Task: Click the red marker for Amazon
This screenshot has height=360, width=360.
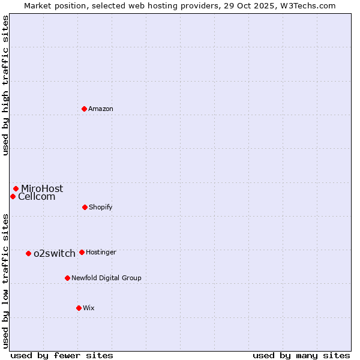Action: coord(85,109)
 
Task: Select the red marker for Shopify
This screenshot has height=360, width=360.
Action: coord(85,207)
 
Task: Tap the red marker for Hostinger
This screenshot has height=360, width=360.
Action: coord(82,252)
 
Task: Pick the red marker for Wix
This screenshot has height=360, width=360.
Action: coord(79,308)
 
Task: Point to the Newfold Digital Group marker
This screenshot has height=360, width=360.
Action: coord(67,278)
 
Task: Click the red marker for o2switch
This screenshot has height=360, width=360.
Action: coord(28,253)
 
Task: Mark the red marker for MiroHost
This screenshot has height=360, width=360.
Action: coord(16,188)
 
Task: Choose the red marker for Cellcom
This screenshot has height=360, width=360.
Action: coord(13,196)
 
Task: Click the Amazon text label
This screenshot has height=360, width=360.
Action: coord(101,109)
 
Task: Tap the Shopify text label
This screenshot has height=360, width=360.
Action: coord(101,207)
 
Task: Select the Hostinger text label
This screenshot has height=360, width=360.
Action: coord(101,252)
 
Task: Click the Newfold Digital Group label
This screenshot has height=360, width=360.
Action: coord(106,278)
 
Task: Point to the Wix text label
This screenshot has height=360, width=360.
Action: coord(89,308)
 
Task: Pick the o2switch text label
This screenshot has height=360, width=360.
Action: coord(55,253)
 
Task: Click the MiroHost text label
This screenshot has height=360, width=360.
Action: coord(42,188)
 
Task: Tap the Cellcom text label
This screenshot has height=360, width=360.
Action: coord(37,196)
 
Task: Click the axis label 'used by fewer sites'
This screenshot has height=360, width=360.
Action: coord(62,355)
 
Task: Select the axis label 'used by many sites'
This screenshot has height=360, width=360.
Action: coord(301,355)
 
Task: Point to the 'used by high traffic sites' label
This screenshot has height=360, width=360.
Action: coord(5,86)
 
